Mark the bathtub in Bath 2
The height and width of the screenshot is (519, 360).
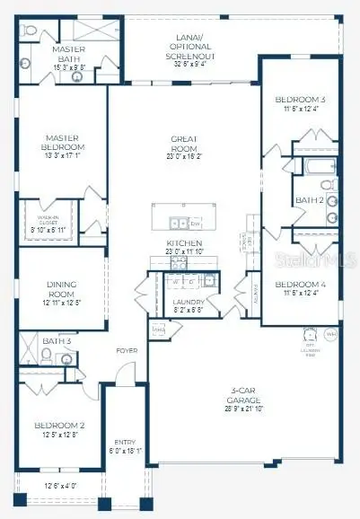click(316, 166)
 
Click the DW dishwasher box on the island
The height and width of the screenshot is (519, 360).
click(195, 222)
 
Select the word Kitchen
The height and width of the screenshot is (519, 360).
click(184, 243)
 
